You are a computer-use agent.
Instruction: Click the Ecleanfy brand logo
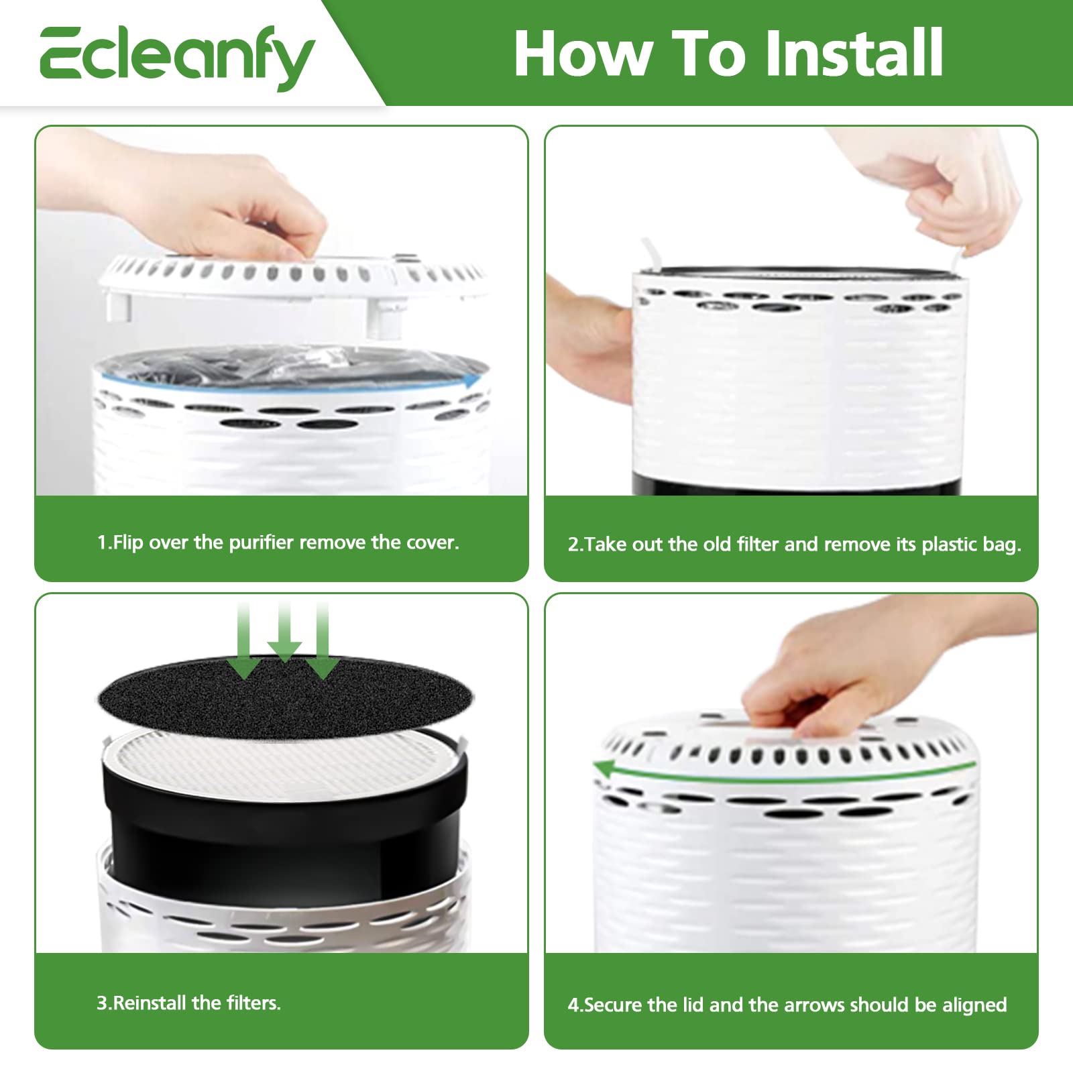[177, 56]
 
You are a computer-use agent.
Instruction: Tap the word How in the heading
[583, 54]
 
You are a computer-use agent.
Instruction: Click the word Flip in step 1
[128, 543]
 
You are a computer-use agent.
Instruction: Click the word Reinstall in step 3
[150, 1003]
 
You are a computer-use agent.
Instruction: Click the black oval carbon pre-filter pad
[286, 695]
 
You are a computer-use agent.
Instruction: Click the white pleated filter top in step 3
[284, 761]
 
